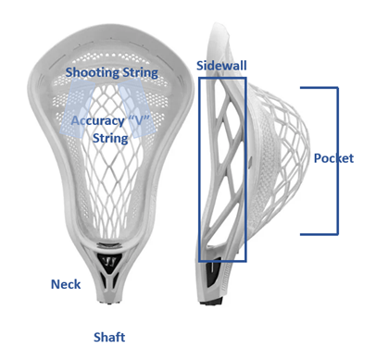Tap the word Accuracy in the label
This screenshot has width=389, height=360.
click(x=97, y=120)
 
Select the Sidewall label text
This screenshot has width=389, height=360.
click(x=221, y=66)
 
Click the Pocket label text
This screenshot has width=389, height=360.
click(x=333, y=158)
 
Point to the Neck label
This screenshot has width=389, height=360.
click(x=66, y=284)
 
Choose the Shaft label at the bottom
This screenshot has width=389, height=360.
click(x=109, y=337)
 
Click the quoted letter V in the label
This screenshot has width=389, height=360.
click(x=138, y=120)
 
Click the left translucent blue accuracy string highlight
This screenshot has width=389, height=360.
click(x=77, y=107)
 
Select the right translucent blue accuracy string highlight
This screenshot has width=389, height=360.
click(x=136, y=107)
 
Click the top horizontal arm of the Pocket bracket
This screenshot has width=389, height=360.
click(x=320, y=88)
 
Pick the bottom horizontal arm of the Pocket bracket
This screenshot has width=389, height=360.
click(x=320, y=234)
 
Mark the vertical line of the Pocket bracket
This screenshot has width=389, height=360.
click(x=337, y=161)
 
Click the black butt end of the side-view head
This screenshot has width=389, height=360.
click(x=212, y=302)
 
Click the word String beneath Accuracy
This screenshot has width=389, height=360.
click(x=110, y=139)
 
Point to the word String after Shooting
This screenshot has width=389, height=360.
click(x=140, y=73)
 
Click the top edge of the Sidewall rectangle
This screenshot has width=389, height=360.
click(x=222, y=79)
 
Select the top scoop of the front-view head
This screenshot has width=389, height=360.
click(x=110, y=35)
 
